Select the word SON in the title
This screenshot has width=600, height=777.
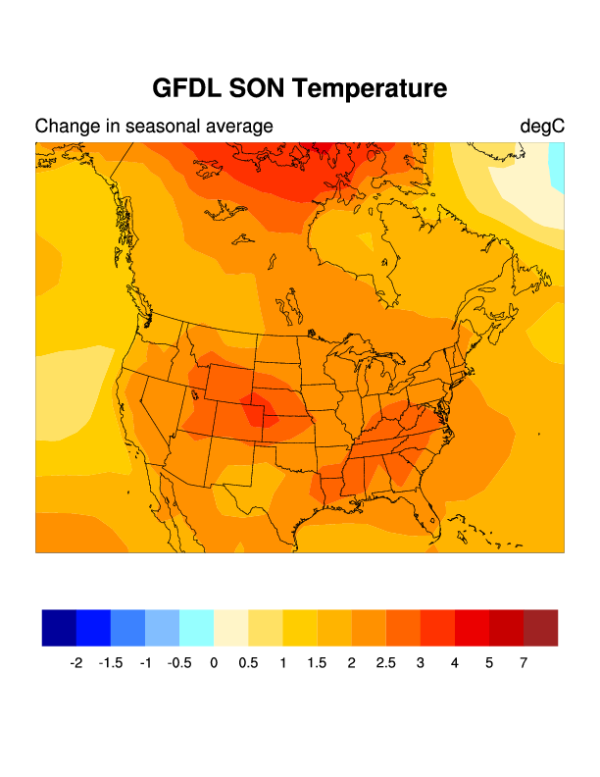[258, 88]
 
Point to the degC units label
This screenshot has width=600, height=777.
[542, 127]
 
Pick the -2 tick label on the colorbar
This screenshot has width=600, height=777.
[76, 664]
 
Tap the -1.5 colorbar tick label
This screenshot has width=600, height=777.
[111, 664]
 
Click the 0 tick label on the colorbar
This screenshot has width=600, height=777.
[214, 664]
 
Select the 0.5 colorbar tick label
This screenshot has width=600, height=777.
[248, 664]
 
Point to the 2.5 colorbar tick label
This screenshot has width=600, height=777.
[385, 664]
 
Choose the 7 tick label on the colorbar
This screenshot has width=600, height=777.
[524, 664]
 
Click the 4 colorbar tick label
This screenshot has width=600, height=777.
[454, 664]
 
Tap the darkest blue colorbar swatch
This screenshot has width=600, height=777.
[59, 628]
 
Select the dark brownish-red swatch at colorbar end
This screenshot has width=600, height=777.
[540, 628]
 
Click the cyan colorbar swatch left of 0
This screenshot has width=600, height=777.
[196, 628]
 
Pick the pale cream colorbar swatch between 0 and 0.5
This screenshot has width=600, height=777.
[231, 628]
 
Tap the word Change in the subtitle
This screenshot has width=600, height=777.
[65, 127]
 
